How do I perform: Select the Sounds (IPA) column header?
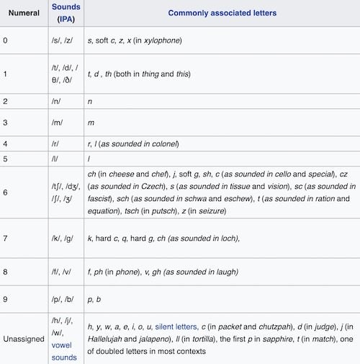(x=65, y=13)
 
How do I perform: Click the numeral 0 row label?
(x=5, y=40)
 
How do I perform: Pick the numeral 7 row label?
(x=5, y=238)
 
